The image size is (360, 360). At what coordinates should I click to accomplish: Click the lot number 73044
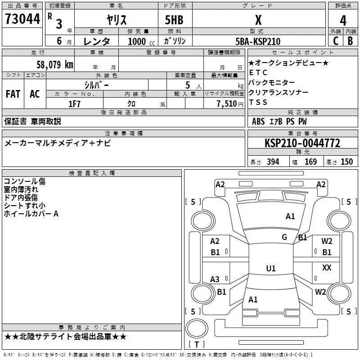22,20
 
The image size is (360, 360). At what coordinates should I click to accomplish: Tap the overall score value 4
343,20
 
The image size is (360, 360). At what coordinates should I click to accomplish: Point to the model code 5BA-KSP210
258,41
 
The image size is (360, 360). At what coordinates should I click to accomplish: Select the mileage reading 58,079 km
54,64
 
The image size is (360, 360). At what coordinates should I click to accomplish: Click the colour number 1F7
75,103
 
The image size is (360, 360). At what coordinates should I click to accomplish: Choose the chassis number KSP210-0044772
302,143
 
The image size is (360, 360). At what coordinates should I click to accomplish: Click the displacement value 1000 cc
137,41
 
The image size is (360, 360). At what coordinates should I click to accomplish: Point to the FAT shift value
13,94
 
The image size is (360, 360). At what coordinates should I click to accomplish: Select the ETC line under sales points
258,72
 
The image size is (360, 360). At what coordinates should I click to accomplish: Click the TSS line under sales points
258,102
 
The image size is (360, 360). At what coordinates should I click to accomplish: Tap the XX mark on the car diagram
327,268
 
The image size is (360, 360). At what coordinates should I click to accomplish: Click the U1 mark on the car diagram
270,269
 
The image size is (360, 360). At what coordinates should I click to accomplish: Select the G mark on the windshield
284,237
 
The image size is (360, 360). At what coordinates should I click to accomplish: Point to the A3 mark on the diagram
215,279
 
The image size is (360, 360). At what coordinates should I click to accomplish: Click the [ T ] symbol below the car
197,344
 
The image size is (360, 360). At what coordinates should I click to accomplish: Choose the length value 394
273,162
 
